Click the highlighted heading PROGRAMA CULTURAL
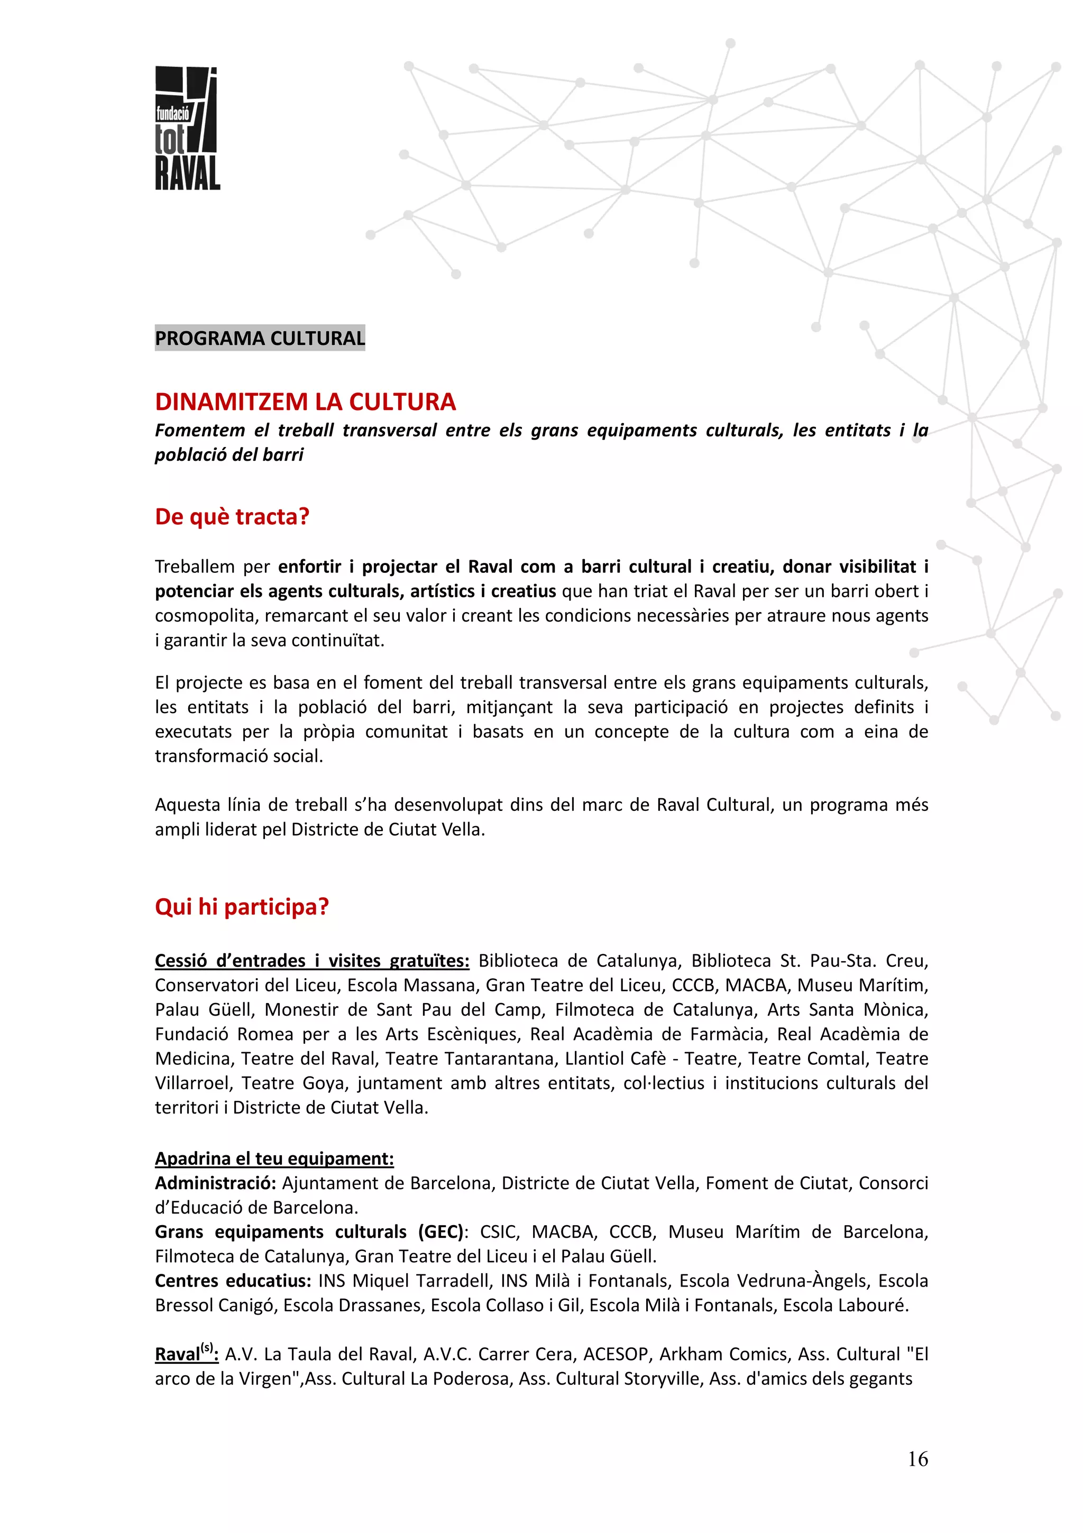[x=260, y=338]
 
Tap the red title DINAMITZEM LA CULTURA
[x=305, y=402]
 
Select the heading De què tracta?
[x=232, y=517]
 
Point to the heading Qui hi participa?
[x=242, y=907]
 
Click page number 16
[x=917, y=1459]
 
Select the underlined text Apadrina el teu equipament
[x=274, y=1158]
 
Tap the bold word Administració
[x=215, y=1183]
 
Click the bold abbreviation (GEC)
[x=440, y=1232]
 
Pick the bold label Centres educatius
[x=233, y=1281]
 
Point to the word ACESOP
[x=615, y=1354]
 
